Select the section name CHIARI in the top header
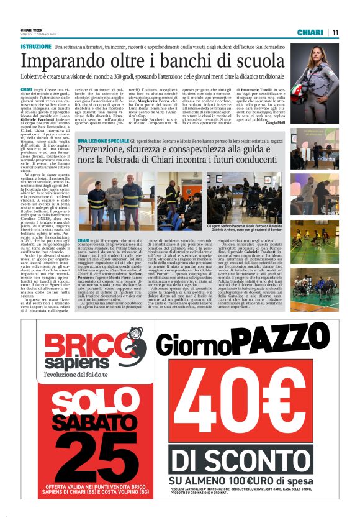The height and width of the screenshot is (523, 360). [310, 32]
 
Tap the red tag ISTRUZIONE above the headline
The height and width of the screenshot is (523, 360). [36, 47]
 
